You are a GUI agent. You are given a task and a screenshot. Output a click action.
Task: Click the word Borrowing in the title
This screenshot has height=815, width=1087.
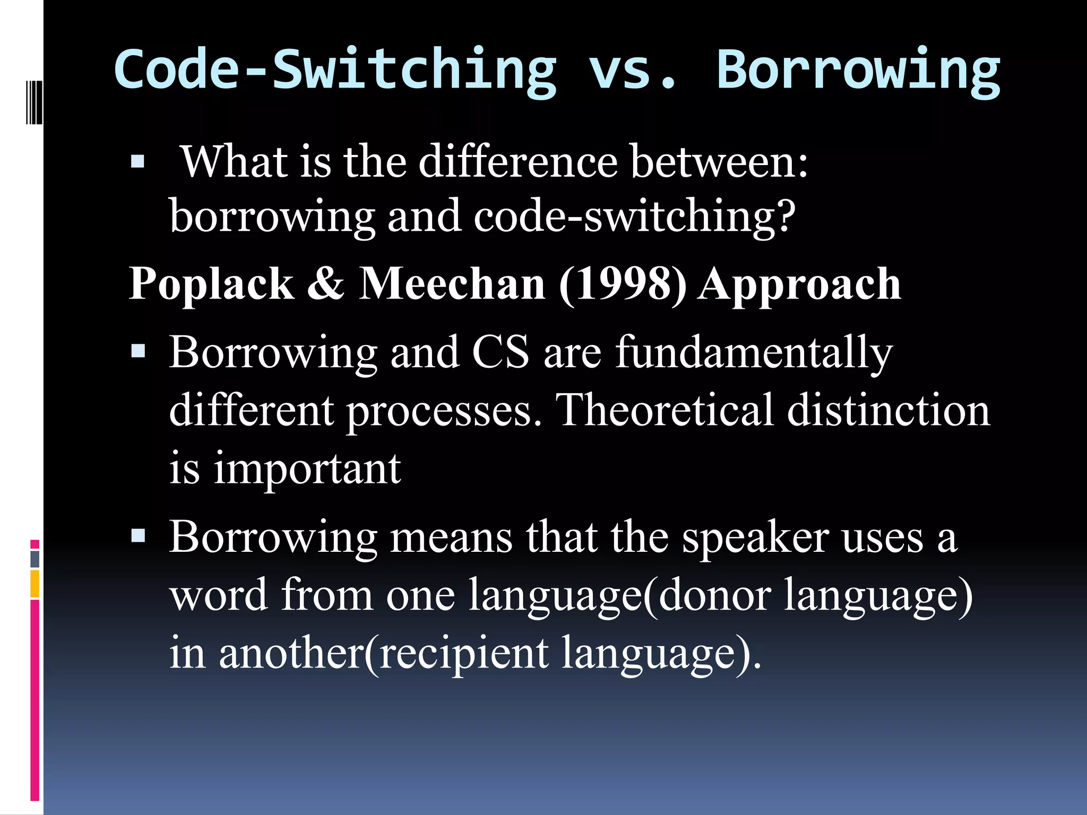click(858, 71)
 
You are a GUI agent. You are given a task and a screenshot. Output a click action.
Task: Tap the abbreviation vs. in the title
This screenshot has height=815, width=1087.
click(632, 71)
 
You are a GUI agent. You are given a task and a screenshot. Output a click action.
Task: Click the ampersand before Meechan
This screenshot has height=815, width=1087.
click(326, 284)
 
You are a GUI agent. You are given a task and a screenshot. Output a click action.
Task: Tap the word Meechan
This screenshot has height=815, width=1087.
click(452, 284)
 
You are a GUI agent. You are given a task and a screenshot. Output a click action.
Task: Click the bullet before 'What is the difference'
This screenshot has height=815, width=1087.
click(137, 162)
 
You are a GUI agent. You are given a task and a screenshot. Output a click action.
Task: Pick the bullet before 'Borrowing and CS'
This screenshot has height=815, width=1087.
click(137, 351)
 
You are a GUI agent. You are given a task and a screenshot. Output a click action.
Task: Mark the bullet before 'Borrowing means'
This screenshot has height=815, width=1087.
click(137, 536)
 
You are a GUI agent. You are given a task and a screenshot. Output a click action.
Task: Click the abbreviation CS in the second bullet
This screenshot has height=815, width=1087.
click(500, 352)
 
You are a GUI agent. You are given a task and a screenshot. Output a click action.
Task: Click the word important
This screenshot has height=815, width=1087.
click(307, 470)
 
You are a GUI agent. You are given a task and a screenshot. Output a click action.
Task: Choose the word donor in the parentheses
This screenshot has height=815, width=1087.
click(714, 595)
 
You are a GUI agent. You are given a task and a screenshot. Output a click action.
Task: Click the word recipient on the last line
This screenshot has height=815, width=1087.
click(464, 654)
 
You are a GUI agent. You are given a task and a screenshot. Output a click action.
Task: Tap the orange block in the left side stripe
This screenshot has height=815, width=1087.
click(34, 584)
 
